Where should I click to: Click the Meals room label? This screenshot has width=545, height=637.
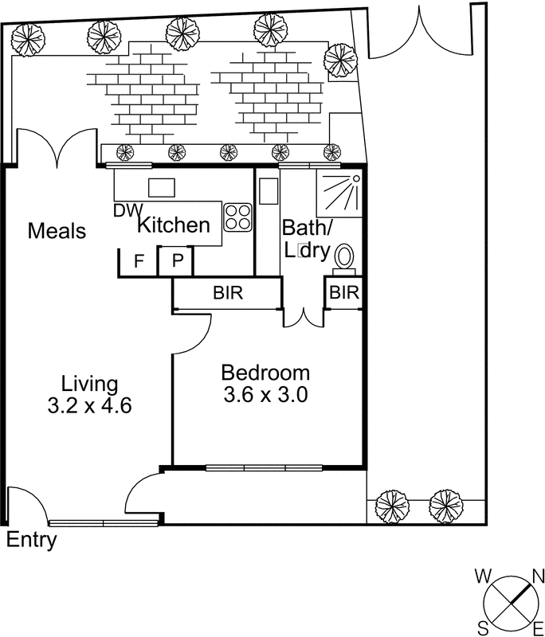pos(57,231)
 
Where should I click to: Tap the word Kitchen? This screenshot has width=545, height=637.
pos(174,225)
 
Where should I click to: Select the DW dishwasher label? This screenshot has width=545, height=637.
pos(128,210)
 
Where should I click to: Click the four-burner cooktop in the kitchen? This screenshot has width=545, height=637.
pos(237,217)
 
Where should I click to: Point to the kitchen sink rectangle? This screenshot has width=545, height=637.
pos(162,188)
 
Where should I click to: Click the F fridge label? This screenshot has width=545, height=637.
pos(139,261)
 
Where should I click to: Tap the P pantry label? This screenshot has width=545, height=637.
pos(177,260)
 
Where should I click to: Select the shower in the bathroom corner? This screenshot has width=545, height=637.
pos(339,193)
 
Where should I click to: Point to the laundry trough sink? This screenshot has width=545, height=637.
pos(269,191)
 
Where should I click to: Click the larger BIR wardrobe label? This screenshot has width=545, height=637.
pos(228,292)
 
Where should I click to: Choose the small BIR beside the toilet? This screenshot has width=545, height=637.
pos(345,292)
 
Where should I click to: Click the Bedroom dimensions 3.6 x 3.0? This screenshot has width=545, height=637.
pos(265,394)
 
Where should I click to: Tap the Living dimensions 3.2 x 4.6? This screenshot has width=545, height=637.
pos(89,405)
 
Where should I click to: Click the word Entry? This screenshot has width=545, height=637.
pos(32,541)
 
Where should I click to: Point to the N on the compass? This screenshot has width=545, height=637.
pos(538,576)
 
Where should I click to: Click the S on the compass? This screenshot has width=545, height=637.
pos(483,630)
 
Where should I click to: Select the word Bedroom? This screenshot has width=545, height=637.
pos(265,373)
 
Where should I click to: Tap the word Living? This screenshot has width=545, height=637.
pos(89,385)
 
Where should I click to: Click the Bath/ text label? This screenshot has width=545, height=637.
pos(308,228)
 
